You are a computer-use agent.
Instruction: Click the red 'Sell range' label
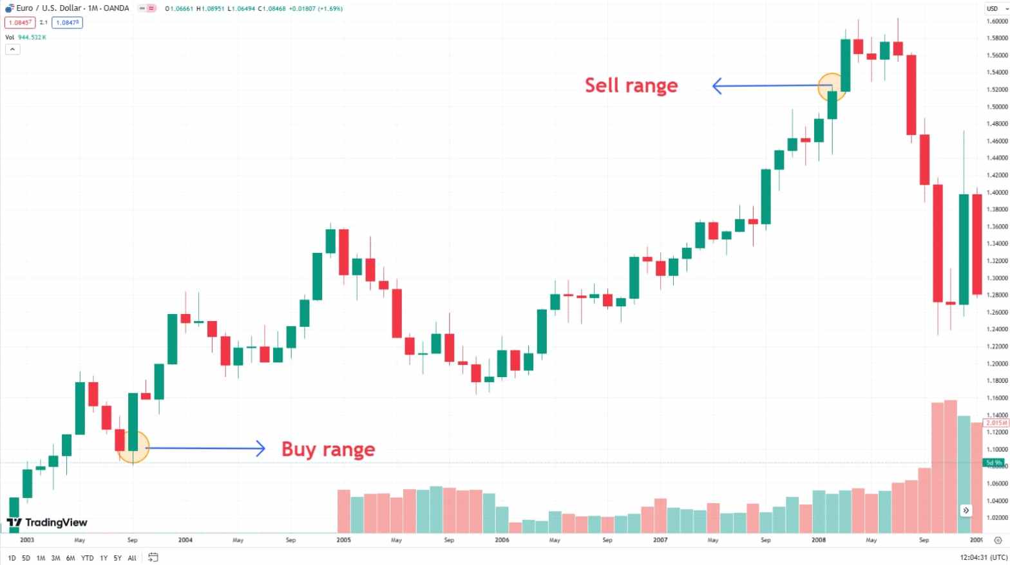[631, 85]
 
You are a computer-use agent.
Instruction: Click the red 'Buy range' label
[328, 449]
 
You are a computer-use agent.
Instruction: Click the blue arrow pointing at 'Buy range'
[206, 449]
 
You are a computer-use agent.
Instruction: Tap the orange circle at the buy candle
[133, 447]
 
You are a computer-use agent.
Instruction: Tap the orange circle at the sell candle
[832, 86]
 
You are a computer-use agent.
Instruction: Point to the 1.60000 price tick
[996, 21]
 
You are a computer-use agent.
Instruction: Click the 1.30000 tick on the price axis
[996, 278]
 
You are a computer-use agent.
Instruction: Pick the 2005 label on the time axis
[343, 540]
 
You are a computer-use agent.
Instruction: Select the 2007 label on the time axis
[660, 540]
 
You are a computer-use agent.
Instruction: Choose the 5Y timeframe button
[117, 558]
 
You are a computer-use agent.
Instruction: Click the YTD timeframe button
[87, 558]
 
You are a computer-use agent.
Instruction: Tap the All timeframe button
[132, 558]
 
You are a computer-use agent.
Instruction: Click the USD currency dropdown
[996, 8]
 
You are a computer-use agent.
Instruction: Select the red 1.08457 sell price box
[20, 23]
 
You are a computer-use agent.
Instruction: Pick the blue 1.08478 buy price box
[68, 23]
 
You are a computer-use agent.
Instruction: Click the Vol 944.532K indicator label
[26, 37]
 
